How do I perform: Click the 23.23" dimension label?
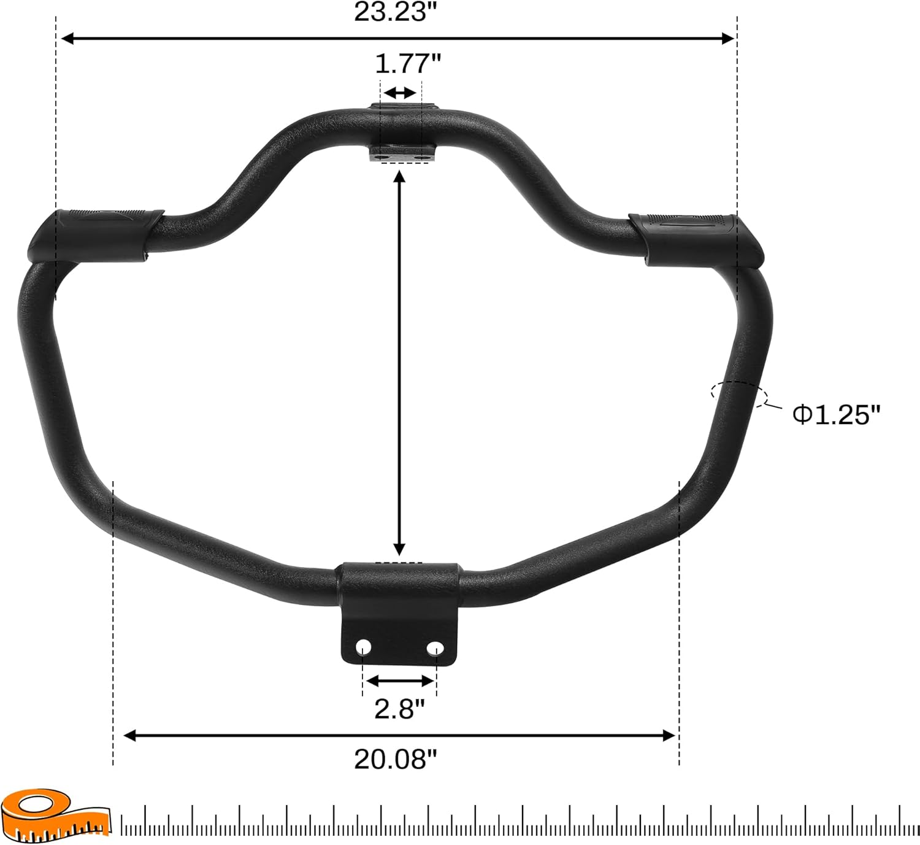coord(396,12)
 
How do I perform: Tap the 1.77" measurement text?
coord(408,63)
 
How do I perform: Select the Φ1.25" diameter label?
coord(837,414)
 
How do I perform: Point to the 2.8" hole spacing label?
coord(400,709)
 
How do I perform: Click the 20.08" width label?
coord(396,759)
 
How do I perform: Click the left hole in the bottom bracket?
coord(364,647)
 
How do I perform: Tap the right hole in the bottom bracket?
coord(435,648)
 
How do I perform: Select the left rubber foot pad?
coord(96,236)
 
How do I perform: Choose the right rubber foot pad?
coord(696,240)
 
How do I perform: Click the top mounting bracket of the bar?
coord(403,133)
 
